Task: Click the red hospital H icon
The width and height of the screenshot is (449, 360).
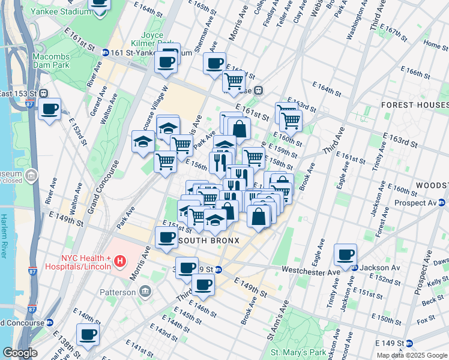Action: click(120, 261)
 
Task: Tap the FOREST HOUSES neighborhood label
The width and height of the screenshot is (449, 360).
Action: click(414, 104)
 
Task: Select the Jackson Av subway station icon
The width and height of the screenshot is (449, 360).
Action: click(356, 268)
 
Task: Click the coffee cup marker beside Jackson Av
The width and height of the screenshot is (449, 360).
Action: click(346, 254)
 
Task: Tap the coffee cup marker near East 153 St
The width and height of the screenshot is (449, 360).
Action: click(49, 109)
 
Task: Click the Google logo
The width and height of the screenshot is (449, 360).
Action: click(20, 353)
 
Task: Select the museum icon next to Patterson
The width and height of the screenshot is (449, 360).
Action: click(145, 292)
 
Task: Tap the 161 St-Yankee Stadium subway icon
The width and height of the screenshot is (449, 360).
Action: click(105, 53)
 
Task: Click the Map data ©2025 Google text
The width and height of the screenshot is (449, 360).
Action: click(411, 355)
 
